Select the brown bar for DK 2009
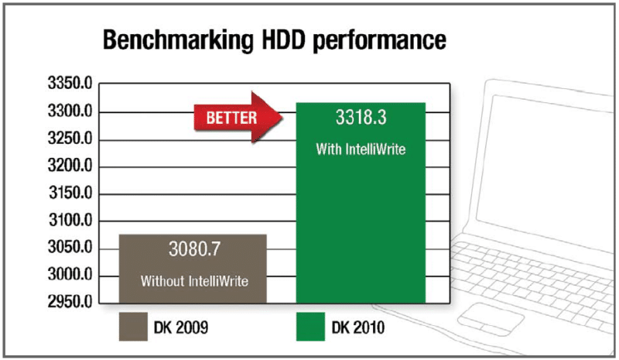click(193, 268)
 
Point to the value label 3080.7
click(193, 249)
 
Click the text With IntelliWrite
click(361, 148)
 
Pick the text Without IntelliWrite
click(193, 281)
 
